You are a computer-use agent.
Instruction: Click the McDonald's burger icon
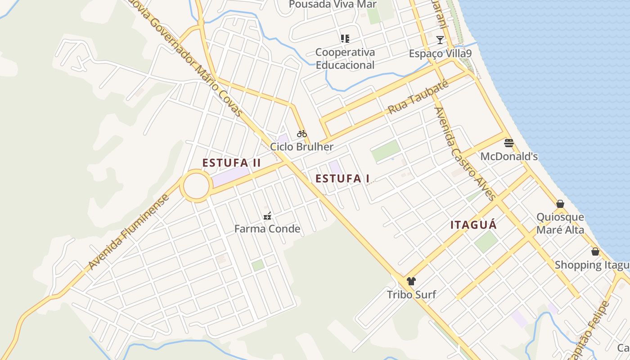[x=509, y=144]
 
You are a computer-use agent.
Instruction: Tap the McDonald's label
[x=509, y=157]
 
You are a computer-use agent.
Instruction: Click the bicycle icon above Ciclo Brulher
[x=301, y=134]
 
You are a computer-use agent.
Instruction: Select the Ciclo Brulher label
[x=301, y=147]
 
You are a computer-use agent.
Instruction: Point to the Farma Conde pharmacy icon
[x=267, y=216]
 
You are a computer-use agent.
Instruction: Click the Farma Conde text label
[x=267, y=229]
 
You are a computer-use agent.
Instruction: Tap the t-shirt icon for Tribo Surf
[x=411, y=282]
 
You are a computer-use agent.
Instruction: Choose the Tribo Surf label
[x=411, y=295]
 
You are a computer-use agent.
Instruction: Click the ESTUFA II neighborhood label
[x=231, y=163]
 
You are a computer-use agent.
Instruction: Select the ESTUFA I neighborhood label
[x=342, y=179]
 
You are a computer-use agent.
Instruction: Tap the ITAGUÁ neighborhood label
[x=473, y=225]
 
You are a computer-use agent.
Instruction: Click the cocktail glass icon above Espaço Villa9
[x=440, y=40]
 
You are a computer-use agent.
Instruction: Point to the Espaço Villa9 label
[x=440, y=54]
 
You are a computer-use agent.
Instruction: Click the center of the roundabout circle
[x=196, y=185]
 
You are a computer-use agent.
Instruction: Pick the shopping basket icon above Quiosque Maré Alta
[x=560, y=204]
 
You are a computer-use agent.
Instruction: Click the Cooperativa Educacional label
[x=345, y=58]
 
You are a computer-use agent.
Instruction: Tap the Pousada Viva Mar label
[x=333, y=4]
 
